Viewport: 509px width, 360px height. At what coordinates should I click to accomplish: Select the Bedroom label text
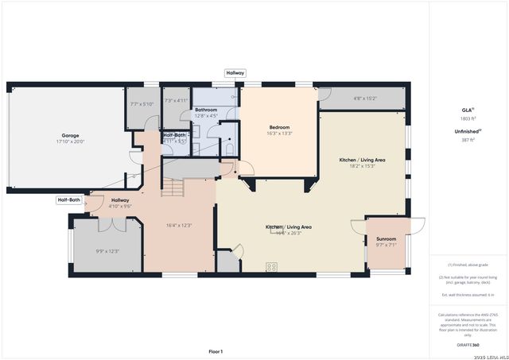(279, 127)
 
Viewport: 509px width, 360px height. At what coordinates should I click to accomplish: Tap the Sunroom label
(386, 238)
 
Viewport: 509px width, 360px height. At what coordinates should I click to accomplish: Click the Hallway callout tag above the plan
(235, 72)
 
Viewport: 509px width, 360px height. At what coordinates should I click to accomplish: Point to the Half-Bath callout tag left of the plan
(69, 200)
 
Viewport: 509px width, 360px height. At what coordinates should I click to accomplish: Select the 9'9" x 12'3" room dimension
(107, 251)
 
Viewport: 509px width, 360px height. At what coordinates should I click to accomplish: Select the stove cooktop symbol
(271, 266)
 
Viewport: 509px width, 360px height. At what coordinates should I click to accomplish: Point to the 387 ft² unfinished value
(468, 139)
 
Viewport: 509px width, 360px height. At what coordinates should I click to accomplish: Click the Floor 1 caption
(216, 351)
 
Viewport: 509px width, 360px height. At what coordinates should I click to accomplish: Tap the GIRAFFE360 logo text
(468, 346)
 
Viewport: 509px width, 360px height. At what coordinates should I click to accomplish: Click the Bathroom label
(206, 110)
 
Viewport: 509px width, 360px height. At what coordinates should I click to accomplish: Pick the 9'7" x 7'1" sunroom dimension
(386, 245)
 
